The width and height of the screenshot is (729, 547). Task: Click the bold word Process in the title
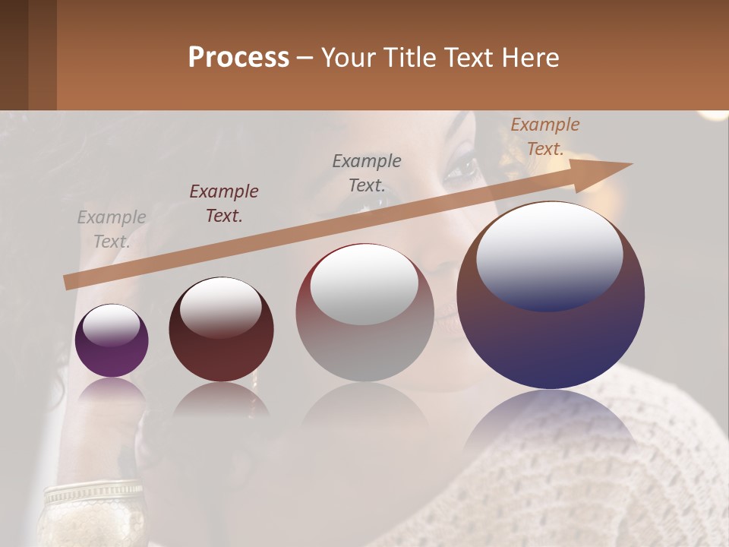238,58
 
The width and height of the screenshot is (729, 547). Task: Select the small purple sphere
112,341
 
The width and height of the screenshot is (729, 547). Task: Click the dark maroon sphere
221,330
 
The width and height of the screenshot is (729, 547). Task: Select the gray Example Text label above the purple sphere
112,229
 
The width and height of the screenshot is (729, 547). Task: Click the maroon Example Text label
224,204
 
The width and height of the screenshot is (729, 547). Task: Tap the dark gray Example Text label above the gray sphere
367,172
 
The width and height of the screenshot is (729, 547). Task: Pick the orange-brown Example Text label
545,137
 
